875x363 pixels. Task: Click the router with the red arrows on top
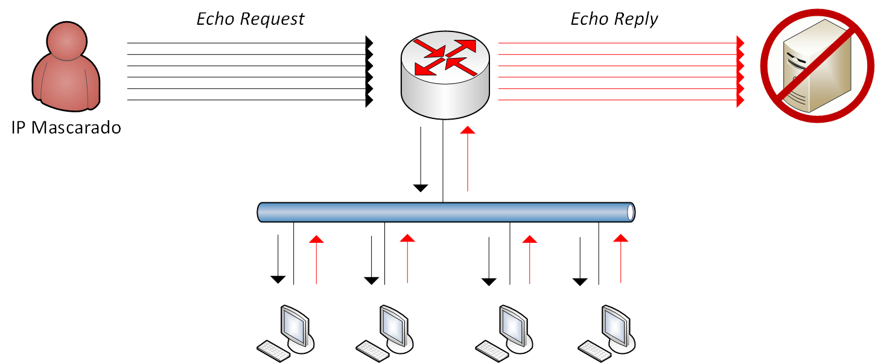(x=444, y=75)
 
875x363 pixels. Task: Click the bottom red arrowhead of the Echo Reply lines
(x=740, y=100)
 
